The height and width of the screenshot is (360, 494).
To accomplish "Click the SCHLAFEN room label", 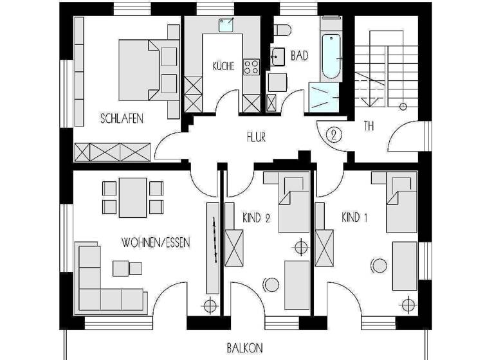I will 122,119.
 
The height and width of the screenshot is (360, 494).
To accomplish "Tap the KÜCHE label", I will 223,66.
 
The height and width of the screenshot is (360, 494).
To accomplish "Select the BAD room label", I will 300,57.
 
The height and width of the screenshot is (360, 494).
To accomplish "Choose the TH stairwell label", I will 369,127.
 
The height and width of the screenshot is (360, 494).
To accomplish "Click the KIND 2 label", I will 256,218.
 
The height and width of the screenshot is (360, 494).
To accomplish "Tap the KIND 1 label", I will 354,218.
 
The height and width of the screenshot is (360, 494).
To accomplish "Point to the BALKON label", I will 244,348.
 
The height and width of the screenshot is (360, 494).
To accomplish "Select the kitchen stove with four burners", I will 251,66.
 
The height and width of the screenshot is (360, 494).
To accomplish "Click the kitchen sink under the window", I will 225,26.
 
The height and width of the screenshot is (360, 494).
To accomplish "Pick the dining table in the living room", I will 133,197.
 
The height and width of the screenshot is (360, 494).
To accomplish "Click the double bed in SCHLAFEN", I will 148,71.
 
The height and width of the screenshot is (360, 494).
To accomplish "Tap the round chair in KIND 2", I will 270,285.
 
